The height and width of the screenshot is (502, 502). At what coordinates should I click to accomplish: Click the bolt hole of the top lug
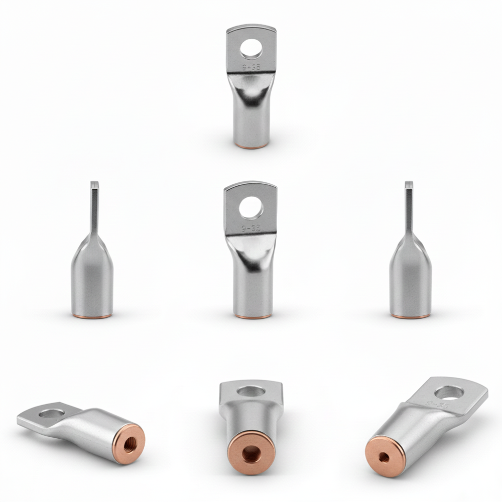250,49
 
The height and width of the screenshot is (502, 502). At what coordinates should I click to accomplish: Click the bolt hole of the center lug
250,208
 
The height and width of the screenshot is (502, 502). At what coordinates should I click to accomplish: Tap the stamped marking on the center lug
250,226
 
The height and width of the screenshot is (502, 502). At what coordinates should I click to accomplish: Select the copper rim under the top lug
252,146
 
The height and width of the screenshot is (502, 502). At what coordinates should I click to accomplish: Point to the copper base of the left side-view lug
92,315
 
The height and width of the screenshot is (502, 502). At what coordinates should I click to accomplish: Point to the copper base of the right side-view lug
410,315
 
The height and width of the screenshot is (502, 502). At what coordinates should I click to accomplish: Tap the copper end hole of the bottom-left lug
134,444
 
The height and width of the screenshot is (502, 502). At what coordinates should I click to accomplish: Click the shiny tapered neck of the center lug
251,256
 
